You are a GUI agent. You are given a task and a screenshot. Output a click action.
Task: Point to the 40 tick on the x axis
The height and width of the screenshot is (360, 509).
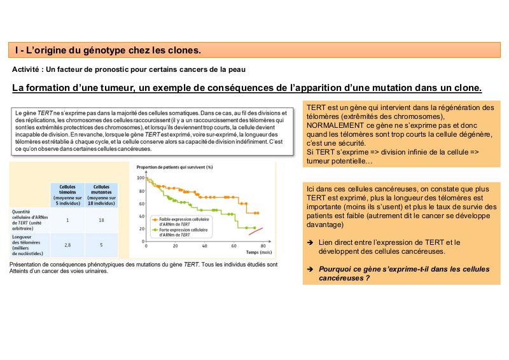click(x=205, y=246)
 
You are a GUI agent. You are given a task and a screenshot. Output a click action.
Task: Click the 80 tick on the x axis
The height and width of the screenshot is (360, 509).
click(x=262, y=246)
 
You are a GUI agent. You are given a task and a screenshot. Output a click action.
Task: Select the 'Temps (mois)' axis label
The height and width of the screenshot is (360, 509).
click(x=257, y=252)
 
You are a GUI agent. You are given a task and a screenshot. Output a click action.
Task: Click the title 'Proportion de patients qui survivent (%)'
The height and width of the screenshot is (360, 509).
click(x=174, y=167)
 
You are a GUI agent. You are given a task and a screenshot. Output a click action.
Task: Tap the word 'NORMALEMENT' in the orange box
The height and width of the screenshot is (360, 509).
click(x=335, y=125)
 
